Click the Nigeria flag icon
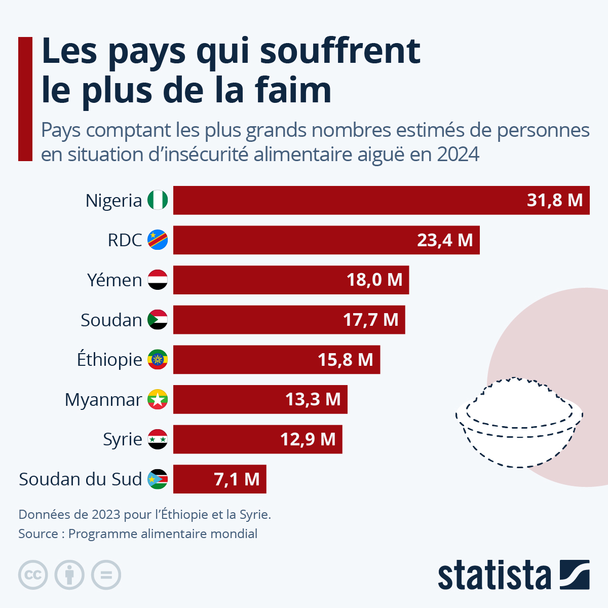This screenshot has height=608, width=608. point(158,200)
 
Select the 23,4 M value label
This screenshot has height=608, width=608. point(444,240)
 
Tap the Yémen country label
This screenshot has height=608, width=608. point(115,280)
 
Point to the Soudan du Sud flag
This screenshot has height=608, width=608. point(158,479)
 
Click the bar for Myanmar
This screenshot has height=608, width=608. point(260,399)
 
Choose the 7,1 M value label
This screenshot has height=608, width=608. point(237,479)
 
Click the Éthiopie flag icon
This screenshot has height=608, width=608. point(158,360)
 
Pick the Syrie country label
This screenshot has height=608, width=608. point(122,439)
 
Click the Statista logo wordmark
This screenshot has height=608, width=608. point(494,576)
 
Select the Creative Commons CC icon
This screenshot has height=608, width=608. point(33,575)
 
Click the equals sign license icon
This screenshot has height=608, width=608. point(106,575)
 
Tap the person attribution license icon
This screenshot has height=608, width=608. point(69,575)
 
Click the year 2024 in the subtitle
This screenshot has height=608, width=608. point(458,155)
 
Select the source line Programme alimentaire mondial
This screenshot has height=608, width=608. point(163,534)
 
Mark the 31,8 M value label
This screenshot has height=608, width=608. point(554,200)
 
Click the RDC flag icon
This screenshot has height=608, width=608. point(158,240)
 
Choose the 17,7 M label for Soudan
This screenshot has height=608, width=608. point(370,320)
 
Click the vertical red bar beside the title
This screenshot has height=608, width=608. point(25,99)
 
